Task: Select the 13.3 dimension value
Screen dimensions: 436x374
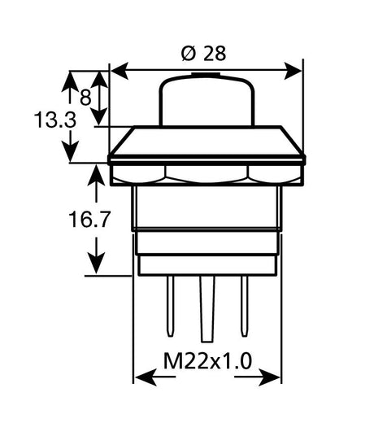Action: [x=55, y=120]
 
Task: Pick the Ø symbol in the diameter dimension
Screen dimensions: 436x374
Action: [x=187, y=54]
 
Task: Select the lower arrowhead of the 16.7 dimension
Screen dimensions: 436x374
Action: [x=97, y=265]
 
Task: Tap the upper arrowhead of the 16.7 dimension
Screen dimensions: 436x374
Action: [x=97, y=175]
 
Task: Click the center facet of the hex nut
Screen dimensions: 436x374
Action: [x=207, y=174]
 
